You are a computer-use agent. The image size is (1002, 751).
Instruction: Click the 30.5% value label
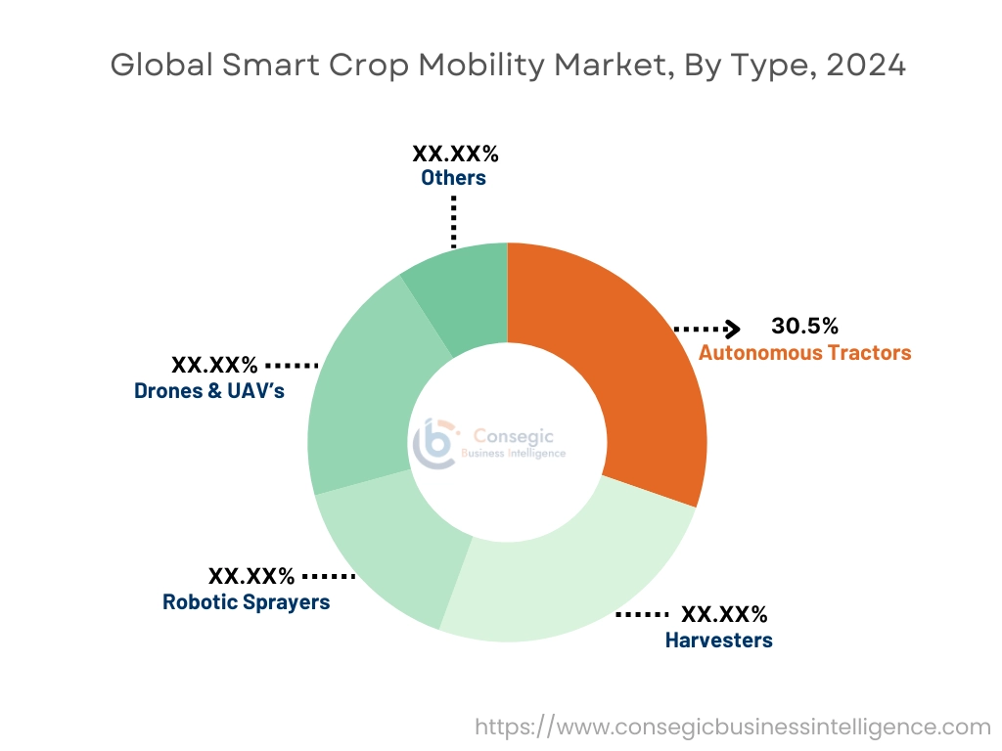click(804, 327)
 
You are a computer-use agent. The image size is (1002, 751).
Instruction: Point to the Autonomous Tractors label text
click(804, 353)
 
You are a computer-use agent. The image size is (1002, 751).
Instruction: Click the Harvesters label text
click(718, 641)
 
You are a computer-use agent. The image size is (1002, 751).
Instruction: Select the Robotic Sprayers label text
click(246, 601)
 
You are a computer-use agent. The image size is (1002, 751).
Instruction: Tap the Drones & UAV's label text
click(209, 391)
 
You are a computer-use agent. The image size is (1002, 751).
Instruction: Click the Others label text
click(453, 178)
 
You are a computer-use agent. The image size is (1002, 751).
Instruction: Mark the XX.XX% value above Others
click(455, 154)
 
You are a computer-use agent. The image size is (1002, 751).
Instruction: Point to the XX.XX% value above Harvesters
click(724, 615)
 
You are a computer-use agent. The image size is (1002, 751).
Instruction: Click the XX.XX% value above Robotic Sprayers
click(250, 576)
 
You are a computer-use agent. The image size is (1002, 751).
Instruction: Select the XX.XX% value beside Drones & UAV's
click(214, 366)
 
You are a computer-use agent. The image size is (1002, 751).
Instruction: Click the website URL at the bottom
click(732, 728)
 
